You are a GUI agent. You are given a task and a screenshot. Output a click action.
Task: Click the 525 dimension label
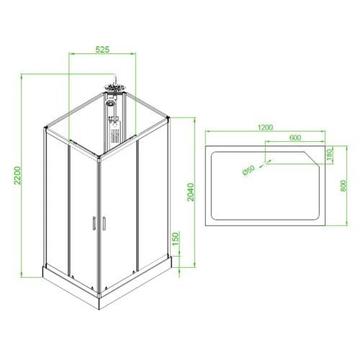coord(102,50)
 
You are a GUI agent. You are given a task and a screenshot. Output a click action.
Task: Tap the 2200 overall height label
coord(17,176)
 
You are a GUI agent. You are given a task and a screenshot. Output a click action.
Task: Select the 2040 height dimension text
coord(191,192)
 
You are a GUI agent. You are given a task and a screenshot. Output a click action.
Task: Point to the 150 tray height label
coord(176,238)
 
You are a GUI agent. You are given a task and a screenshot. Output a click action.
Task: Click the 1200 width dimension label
coord(265,127)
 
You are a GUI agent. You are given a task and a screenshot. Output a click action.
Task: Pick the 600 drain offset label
coord(295,138)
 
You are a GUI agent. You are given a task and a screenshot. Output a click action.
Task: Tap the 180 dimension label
coord(329,154)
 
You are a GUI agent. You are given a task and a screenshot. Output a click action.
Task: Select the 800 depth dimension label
coord(343,186)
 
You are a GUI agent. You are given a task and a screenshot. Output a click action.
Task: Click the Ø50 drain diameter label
coord(248,171)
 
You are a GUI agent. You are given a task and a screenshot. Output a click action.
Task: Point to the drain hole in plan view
coord(266,164)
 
